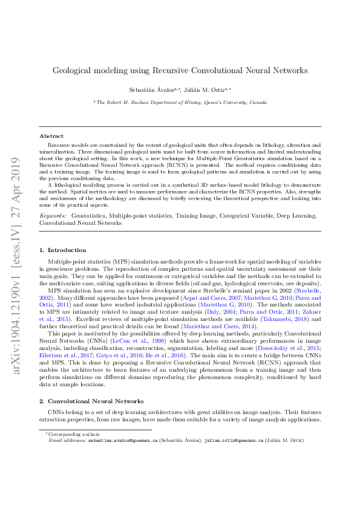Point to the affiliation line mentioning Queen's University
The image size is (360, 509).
tap(180, 103)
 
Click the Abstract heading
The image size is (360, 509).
tap(51, 136)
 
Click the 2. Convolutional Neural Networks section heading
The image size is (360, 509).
tap(91, 384)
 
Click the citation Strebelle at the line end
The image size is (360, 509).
tap(307, 291)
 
